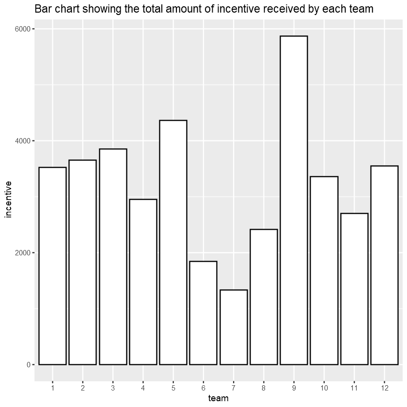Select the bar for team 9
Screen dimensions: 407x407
(x=294, y=200)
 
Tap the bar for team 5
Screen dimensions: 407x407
(x=173, y=242)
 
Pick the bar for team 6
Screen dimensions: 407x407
(x=203, y=313)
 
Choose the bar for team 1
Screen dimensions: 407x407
(x=52, y=266)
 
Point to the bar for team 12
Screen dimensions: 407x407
(x=384, y=265)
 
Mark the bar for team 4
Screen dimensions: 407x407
(x=143, y=282)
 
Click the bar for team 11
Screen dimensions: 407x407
(x=354, y=289)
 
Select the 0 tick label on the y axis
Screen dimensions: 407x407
(x=28, y=365)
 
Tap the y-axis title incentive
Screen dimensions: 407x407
(x=8, y=199)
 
